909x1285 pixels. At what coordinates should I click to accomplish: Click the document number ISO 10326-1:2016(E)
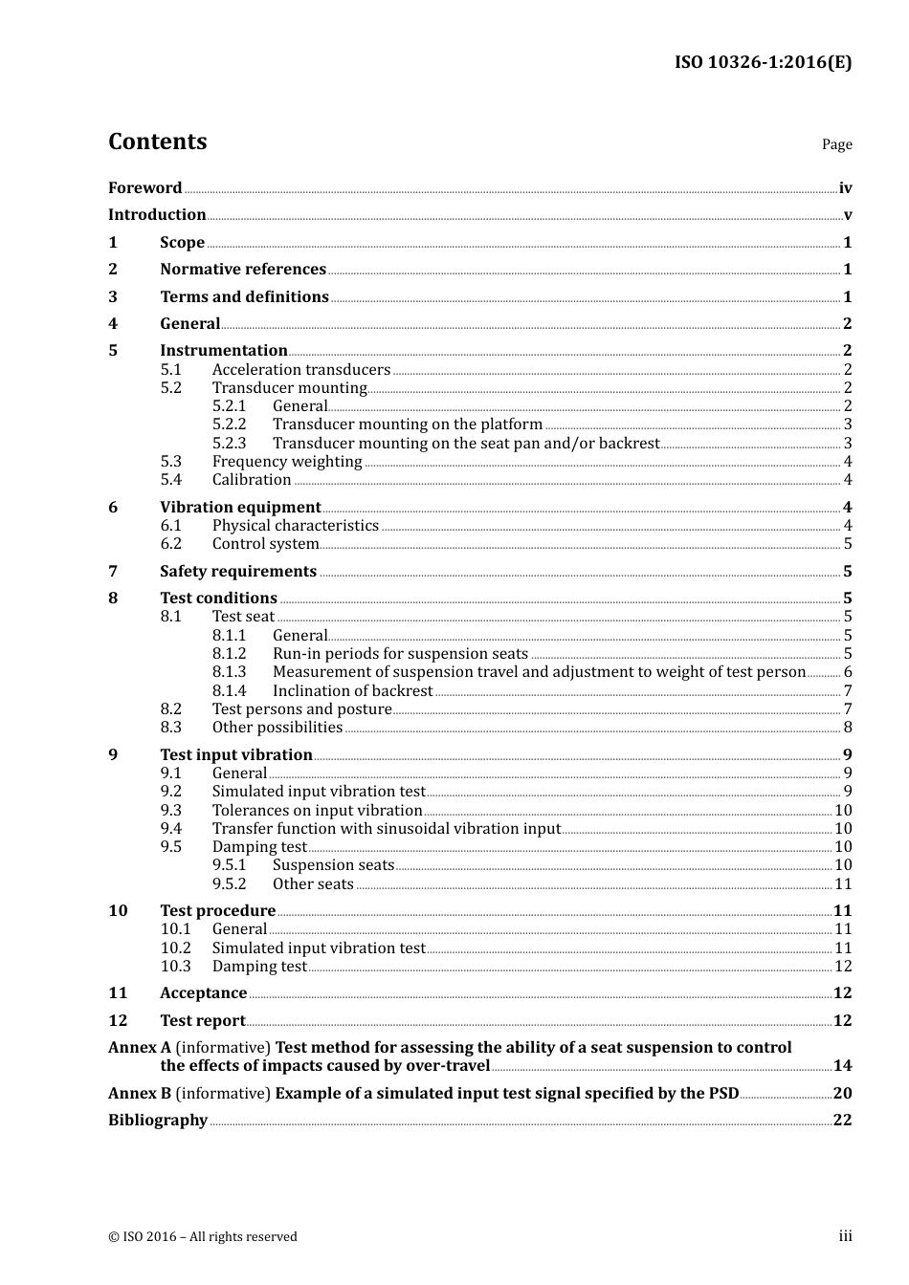point(763,63)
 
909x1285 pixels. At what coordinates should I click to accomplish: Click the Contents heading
point(157,142)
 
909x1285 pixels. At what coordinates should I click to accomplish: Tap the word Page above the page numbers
point(836,144)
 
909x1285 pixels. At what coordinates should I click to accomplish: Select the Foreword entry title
point(144,188)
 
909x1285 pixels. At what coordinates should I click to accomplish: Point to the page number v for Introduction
point(848,215)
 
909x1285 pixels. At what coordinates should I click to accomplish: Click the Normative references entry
point(243,270)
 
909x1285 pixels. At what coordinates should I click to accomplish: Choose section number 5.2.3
point(229,444)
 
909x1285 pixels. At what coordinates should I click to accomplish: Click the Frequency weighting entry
point(287,462)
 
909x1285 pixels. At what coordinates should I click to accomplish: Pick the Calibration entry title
point(252,480)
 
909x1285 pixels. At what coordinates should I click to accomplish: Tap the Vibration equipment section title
point(240,508)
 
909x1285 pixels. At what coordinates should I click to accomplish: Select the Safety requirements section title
point(238,572)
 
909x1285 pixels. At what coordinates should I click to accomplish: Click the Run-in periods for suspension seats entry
point(400,654)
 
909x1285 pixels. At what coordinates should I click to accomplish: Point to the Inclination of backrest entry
point(352,691)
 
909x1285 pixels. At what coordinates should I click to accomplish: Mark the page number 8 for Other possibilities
point(848,728)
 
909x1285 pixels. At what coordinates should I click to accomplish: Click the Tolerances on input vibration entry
point(317,811)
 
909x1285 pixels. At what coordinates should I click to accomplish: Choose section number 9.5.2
point(229,884)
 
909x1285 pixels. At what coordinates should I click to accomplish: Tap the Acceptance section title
point(203,993)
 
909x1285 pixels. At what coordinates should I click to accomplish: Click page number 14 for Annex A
point(842,1066)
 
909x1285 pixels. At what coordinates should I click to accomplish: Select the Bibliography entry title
point(158,1121)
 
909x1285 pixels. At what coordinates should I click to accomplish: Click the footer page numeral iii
point(845,1236)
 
